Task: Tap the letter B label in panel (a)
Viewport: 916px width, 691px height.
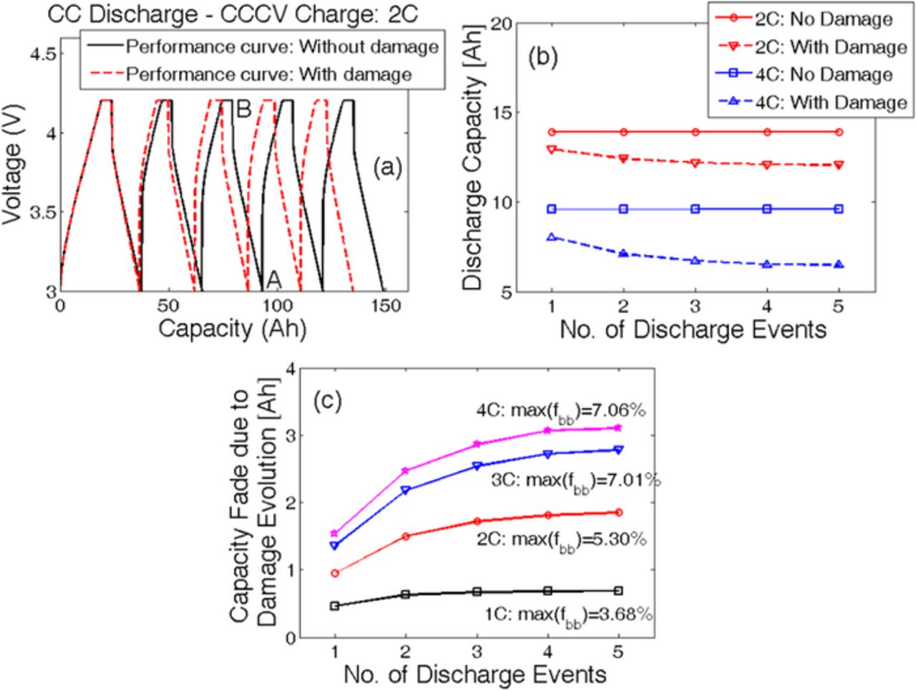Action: (243, 110)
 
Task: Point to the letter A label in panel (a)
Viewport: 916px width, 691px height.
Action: (273, 279)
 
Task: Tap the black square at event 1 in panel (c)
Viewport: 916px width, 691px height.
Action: (334, 606)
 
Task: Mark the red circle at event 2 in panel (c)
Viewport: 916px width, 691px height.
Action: (406, 536)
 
